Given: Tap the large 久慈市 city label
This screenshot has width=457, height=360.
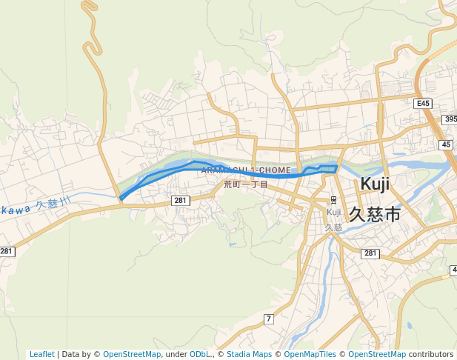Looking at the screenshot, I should point(374,214).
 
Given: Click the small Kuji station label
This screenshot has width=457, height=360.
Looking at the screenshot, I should point(334,212).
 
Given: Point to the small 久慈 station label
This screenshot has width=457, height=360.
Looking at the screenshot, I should point(334,227).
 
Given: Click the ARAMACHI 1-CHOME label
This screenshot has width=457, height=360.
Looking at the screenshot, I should point(246,170).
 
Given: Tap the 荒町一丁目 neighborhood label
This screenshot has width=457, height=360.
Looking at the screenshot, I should point(246,184).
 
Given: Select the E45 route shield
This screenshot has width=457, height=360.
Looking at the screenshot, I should point(423,104).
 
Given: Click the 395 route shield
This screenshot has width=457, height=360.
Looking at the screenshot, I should point(450,119).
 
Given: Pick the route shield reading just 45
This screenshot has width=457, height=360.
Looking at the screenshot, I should point(446,145).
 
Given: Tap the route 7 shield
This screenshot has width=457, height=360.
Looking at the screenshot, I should point(268,319).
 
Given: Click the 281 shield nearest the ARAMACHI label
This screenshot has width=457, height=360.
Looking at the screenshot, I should point(181,201).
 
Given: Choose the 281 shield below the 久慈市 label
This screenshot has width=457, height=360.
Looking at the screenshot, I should point(370,254).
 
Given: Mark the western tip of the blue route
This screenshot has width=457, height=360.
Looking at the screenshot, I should point(121,199).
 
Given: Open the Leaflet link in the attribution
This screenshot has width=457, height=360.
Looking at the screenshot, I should point(41,355).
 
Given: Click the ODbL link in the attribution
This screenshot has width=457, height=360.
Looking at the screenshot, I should point(200,355).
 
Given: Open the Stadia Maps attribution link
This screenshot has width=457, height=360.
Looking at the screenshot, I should point(249,355).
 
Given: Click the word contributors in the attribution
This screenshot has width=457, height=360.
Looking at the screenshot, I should point(431,355).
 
